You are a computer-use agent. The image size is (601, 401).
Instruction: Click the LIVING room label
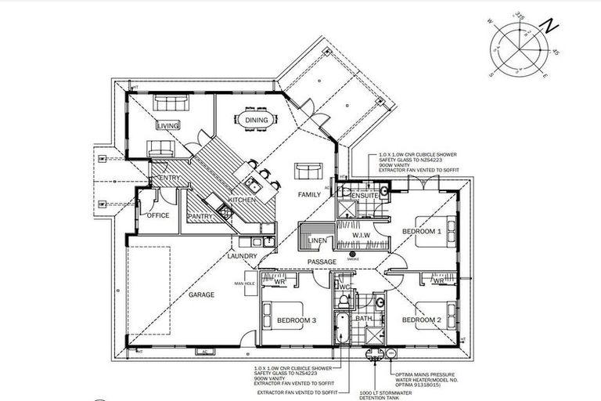coord(167,125)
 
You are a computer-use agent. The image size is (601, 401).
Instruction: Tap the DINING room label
coord(257,121)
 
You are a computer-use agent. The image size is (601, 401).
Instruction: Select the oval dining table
coord(257,121)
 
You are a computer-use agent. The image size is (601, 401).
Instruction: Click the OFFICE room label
coord(157,215)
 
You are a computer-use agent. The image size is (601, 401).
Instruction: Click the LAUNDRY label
coord(242,256)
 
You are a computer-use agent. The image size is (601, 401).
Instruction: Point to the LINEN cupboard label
coord(318,241)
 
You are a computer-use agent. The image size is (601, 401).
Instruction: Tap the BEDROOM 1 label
coord(422,233)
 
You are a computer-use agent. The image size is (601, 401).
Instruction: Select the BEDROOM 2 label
coord(422,320)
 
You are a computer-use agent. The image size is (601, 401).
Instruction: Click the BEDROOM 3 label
coord(297,320)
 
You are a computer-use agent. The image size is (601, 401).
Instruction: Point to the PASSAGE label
coord(322,262)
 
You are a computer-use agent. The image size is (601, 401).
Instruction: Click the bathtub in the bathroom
coord(342,328)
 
